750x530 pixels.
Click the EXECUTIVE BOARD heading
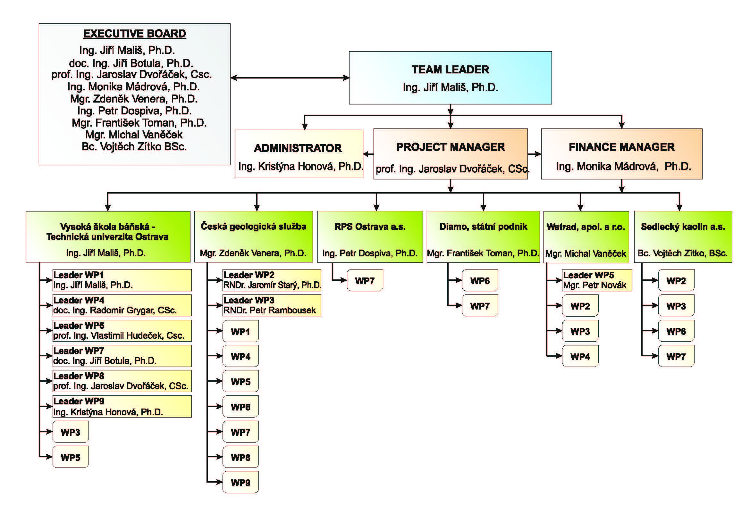(x=135, y=34)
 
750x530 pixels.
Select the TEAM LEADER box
(x=450, y=78)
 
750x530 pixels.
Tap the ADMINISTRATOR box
(x=299, y=154)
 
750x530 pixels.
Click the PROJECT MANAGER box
(x=450, y=154)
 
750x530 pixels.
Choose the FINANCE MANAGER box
(x=621, y=154)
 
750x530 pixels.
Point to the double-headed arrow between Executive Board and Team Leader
(x=290, y=78)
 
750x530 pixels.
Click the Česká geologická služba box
(x=254, y=236)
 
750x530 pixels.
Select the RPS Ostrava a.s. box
(x=370, y=236)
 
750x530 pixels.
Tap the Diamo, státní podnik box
(x=483, y=236)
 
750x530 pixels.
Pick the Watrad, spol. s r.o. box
(x=586, y=236)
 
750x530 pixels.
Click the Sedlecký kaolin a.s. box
(x=683, y=236)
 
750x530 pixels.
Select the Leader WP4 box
(x=122, y=305)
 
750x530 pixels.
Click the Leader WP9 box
(x=122, y=406)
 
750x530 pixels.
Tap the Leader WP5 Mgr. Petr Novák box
(x=596, y=280)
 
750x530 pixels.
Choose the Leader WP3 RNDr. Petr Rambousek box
(x=272, y=305)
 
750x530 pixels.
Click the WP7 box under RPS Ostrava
(x=365, y=280)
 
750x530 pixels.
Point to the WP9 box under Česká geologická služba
(x=240, y=482)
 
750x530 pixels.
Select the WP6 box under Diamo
(x=480, y=280)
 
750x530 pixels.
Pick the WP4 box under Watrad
(x=580, y=356)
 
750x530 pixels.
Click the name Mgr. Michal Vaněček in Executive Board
(x=134, y=135)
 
